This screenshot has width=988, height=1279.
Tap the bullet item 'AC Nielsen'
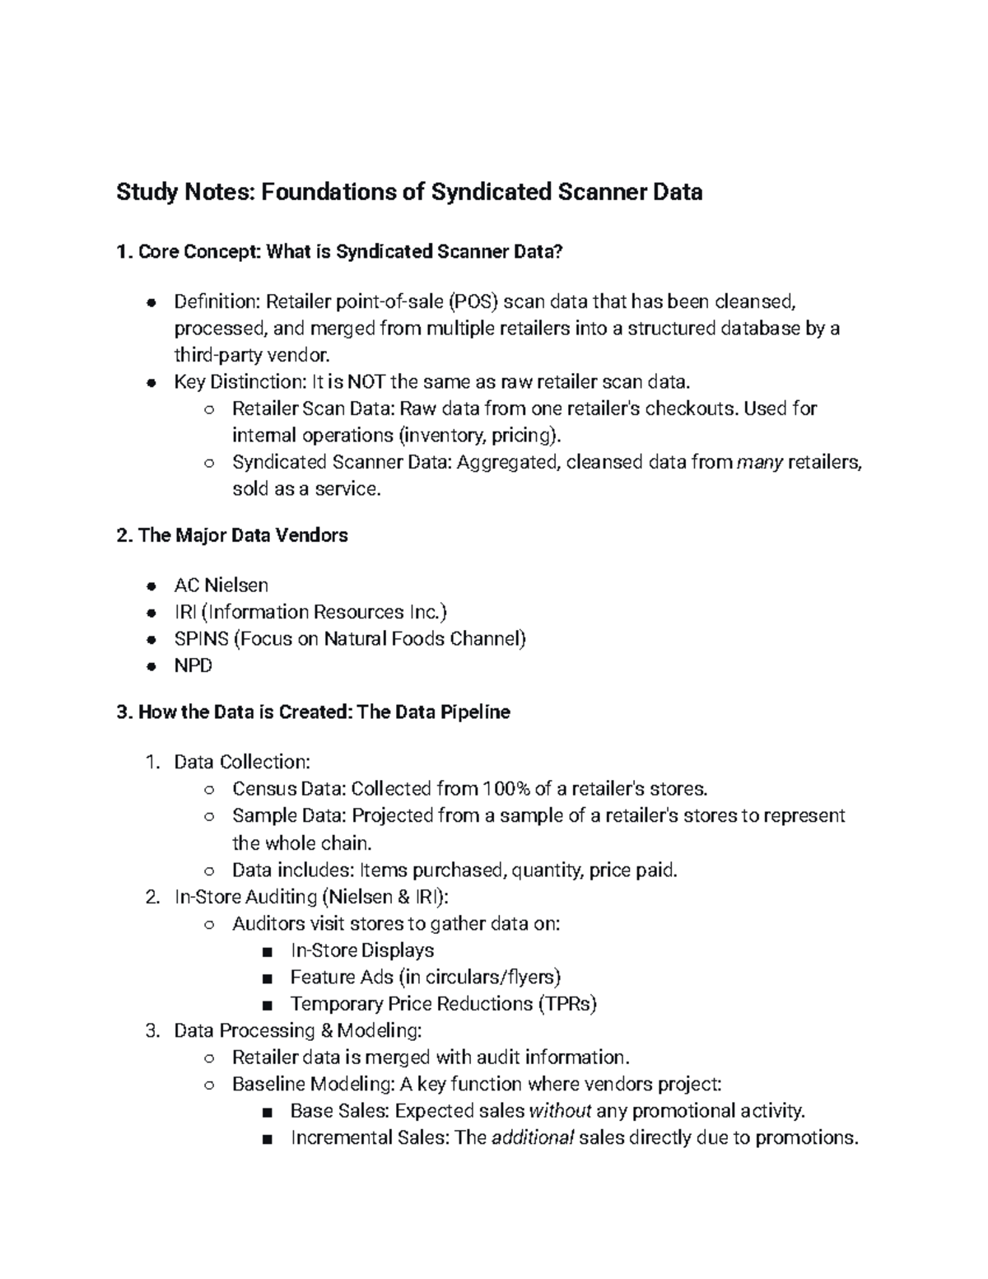click(x=221, y=586)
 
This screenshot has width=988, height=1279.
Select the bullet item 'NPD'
click(x=193, y=665)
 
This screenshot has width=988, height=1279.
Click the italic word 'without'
click(x=560, y=1111)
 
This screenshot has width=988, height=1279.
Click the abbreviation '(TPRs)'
click(x=567, y=1004)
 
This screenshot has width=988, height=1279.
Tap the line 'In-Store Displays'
click(x=362, y=950)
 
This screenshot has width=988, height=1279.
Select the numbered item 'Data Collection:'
click(x=242, y=762)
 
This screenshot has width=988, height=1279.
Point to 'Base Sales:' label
click(x=340, y=1111)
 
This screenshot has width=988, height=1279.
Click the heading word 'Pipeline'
click(x=475, y=712)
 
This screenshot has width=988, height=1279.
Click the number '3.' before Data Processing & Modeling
click(x=151, y=1031)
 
